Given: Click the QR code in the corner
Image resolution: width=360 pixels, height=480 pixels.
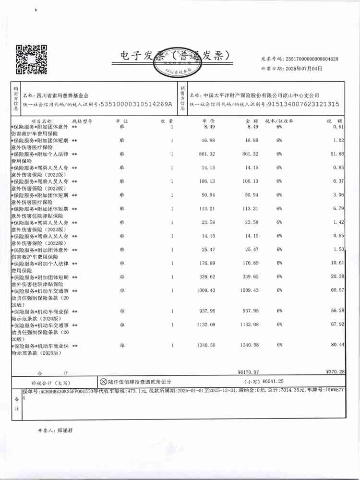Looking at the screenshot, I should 32,59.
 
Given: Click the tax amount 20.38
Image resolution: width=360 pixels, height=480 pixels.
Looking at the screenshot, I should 338,277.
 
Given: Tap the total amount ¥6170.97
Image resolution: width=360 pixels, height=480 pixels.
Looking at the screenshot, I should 248,372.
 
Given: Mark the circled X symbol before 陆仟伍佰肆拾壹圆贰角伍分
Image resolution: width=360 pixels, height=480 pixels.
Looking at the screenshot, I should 103,382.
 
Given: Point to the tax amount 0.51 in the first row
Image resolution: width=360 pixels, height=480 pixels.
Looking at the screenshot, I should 339,127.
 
